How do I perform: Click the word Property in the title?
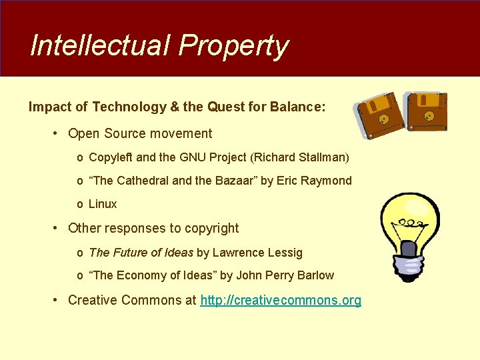point(233,46)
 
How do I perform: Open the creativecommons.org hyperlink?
point(281,300)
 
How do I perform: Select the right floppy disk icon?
point(427,111)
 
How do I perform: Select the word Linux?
point(103,204)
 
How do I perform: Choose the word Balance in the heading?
point(298,107)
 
